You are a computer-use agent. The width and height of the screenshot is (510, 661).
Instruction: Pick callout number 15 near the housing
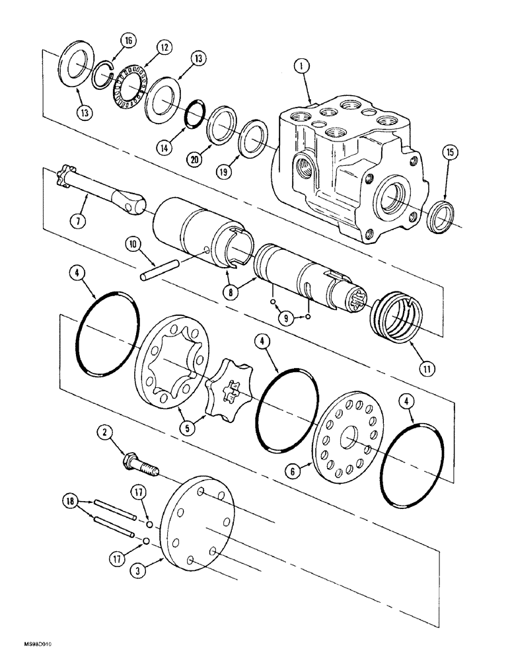(x=450, y=153)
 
